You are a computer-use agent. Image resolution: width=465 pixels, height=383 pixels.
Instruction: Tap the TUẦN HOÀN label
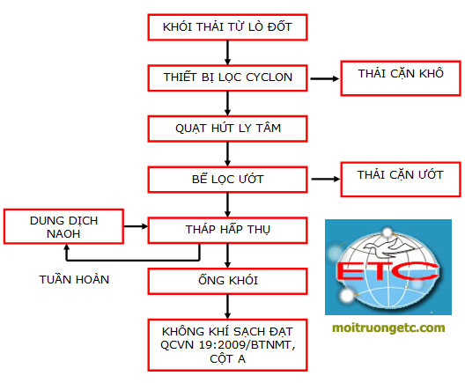(x=74, y=279)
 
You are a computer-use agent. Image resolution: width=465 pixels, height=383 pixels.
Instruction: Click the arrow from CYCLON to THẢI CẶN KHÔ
(x=324, y=78)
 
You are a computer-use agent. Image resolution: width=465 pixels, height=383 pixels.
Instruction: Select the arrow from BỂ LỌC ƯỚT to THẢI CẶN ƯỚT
(x=325, y=179)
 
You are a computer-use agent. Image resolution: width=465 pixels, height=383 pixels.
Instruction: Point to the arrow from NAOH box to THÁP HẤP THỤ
(x=136, y=226)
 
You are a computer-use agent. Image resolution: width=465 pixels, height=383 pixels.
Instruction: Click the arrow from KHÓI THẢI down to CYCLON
(x=227, y=53)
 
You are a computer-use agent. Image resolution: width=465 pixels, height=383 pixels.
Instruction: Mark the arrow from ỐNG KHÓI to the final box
(x=227, y=306)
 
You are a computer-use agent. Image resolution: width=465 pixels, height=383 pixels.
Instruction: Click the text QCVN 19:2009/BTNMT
(x=227, y=345)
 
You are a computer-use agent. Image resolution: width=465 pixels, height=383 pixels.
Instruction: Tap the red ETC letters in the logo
(x=387, y=271)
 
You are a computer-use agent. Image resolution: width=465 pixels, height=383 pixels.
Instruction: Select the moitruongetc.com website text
(x=388, y=328)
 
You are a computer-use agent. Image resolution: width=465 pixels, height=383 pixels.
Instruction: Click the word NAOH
(x=63, y=234)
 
